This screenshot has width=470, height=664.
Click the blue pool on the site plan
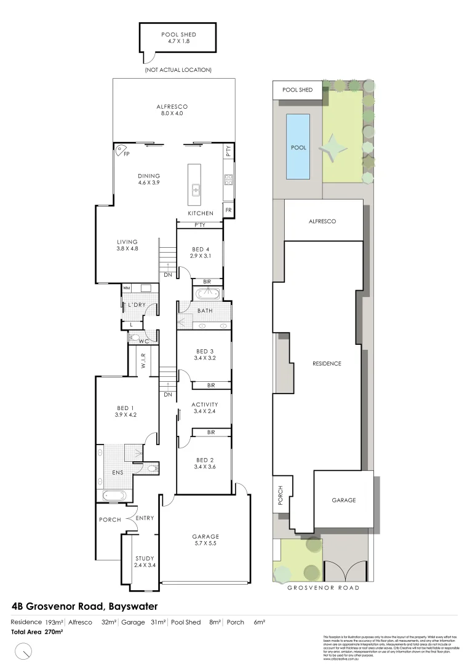pos(298,147)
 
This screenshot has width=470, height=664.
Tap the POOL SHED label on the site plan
pos(297,90)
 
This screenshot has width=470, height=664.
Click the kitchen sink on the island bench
pos(196,189)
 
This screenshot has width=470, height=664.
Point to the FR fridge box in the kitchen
pos(229,210)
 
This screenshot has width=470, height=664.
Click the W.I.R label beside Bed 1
pos(143,361)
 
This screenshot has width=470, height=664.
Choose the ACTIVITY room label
pos(205,408)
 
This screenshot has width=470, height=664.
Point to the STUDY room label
pos(145,562)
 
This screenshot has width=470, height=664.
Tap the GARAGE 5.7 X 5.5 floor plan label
pos(205,539)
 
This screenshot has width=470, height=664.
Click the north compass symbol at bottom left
pos(23,649)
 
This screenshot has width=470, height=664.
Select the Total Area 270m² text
pos(38,631)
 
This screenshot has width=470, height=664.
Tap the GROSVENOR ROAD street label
pos(324,588)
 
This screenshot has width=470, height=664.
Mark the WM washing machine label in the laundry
pos(126,288)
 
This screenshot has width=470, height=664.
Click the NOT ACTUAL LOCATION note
pos(178,70)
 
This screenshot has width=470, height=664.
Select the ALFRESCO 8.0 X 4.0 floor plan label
pos(172,110)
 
